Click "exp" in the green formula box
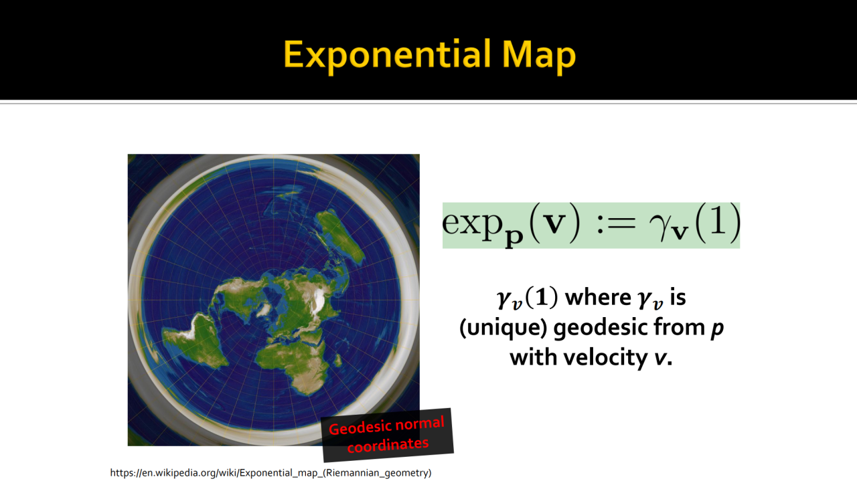tap(471, 223)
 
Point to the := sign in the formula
tap(615, 223)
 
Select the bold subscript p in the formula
tap(514, 237)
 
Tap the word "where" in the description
tap(598, 298)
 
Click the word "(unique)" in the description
tap(503, 328)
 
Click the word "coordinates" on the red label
tap(388, 445)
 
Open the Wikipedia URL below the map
tap(270, 473)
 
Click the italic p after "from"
tap(717, 330)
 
